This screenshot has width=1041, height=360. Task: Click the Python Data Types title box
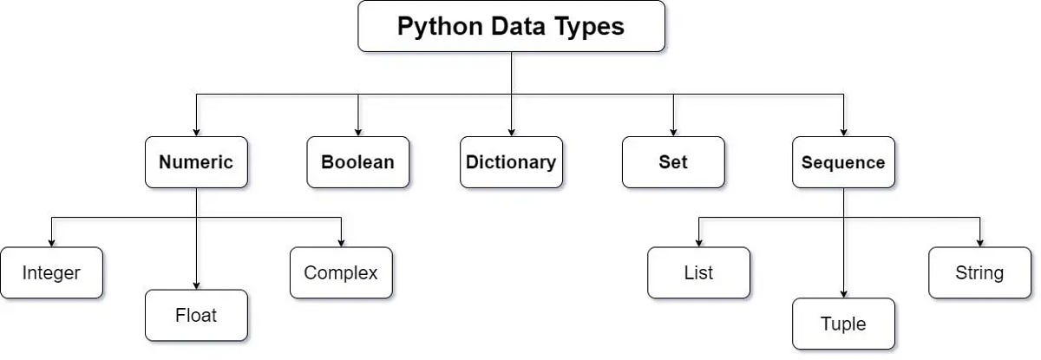[511, 26]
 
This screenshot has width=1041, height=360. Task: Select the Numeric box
[196, 162]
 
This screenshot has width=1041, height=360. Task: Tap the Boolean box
[357, 162]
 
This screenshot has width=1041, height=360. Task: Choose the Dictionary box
[511, 162]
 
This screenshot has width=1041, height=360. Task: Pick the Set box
[673, 162]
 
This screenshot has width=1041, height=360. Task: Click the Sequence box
[843, 162]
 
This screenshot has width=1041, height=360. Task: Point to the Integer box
[51, 272]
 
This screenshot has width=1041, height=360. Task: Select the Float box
[196, 315]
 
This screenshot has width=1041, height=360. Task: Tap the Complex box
[341, 272]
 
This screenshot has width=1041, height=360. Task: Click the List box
[698, 272]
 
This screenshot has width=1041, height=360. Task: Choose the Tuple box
[843, 324]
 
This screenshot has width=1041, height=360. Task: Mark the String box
[979, 272]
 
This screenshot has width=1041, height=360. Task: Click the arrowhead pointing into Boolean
[357, 131]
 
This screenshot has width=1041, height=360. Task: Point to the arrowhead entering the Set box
[673, 131]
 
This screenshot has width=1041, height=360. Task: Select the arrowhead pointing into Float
[196, 285]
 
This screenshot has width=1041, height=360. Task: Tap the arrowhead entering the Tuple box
[843, 293]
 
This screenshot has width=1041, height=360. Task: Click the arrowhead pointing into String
[979, 242]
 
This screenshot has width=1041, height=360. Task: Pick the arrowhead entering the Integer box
[51, 242]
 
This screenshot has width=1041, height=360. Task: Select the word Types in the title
[592, 27]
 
